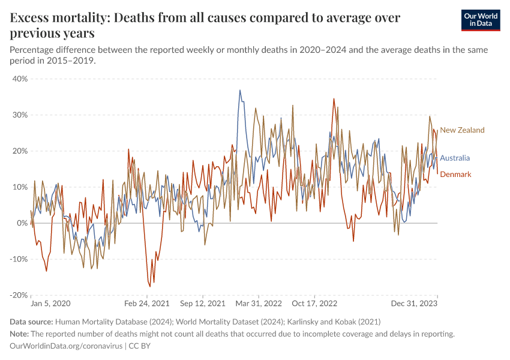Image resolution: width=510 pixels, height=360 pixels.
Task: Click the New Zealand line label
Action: pos(462,130)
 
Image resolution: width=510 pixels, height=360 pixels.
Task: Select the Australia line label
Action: pos(455,158)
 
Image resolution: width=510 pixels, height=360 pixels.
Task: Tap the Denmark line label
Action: pos(455,175)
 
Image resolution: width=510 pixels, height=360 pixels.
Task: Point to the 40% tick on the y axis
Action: pos(20,79)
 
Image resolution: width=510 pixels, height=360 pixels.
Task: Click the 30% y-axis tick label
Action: pos(20,115)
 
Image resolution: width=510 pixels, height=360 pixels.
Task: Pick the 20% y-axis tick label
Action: pos(20,151)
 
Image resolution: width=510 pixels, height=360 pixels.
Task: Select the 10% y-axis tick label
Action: pos(20,187)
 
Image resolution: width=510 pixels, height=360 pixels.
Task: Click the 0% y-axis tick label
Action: pos(23,223)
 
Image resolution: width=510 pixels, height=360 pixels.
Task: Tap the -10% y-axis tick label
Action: pos(19,259)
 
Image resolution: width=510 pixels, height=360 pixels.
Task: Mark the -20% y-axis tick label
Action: pos(19,295)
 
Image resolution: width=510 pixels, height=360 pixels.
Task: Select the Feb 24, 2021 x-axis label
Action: pos(147,304)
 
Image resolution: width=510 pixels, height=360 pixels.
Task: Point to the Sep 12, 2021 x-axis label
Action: pos(203,304)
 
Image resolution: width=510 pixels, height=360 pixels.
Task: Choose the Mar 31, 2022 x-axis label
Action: pos(259,304)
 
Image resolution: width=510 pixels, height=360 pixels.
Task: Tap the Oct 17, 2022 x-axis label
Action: pos(316,304)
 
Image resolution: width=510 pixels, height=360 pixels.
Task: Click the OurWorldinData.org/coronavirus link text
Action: pos(66,346)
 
